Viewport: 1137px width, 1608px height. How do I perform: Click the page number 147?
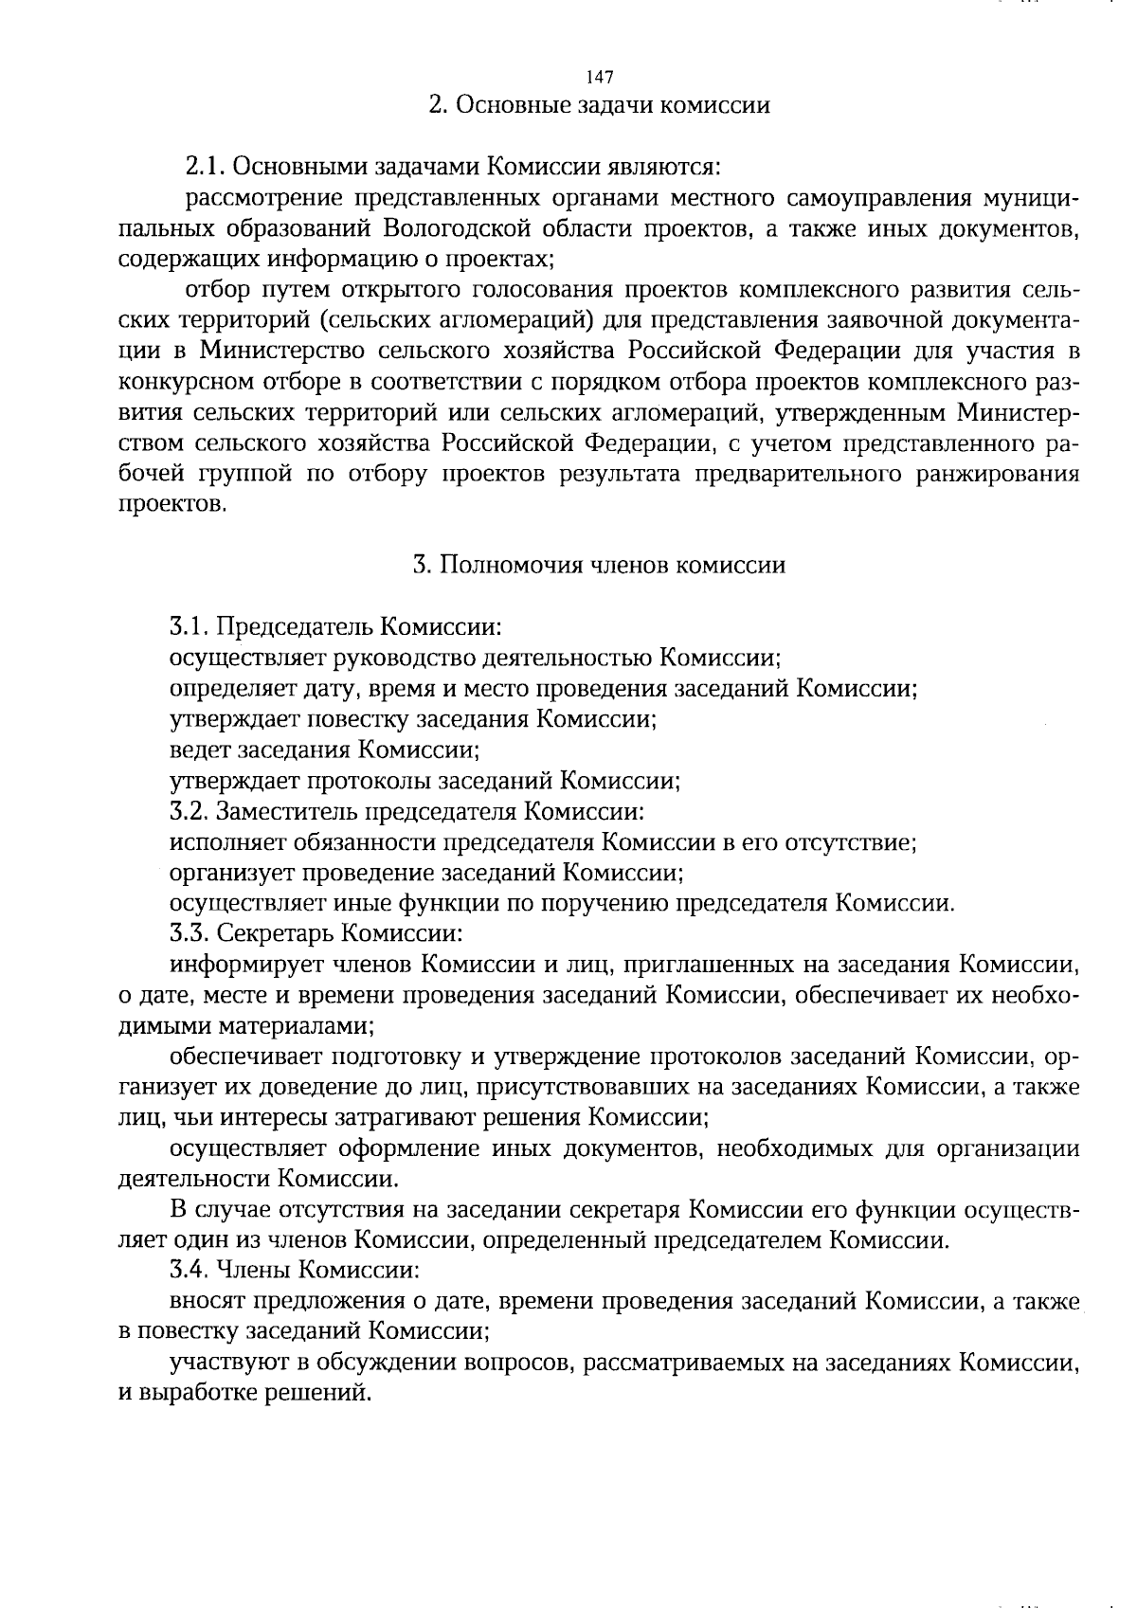click(601, 77)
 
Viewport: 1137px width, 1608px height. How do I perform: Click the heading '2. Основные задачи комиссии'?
click(599, 105)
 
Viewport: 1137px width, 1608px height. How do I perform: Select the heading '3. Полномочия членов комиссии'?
click(599, 566)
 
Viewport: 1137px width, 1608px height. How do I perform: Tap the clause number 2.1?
click(204, 169)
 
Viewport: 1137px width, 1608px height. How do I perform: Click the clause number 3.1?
click(190, 627)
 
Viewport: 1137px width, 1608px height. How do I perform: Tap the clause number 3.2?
click(190, 812)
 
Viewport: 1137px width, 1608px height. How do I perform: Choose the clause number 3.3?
click(190, 933)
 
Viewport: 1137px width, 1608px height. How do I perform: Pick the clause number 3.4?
click(190, 1269)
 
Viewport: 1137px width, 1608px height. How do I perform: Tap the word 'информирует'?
click(233, 965)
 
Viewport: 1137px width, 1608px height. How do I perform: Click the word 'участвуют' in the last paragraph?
click(218, 1363)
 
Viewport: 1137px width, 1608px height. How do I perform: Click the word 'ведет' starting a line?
click(199, 750)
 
